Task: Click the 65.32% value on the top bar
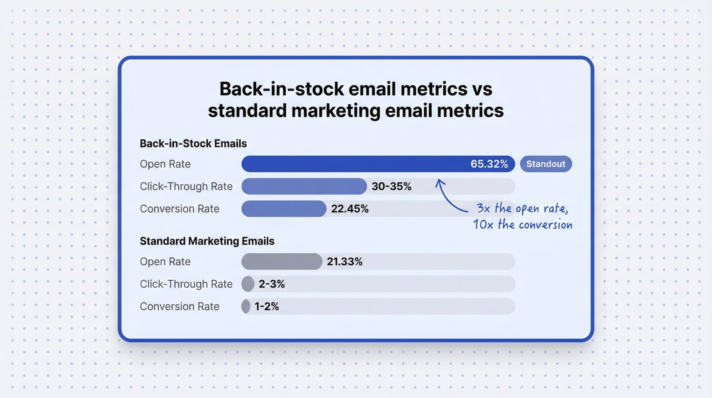[489, 164]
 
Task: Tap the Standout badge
[546, 164]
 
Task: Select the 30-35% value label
[391, 186]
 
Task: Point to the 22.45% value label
[350, 209]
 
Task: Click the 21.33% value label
[345, 262]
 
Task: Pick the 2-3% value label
[271, 284]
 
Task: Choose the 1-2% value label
[266, 306]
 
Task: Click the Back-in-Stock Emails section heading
[193, 143]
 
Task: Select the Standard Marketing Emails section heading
[207, 241]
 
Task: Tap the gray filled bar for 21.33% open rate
[281, 262]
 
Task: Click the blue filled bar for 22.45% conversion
[284, 209]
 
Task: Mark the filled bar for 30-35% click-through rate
[304, 186]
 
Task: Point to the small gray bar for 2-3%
[248, 284]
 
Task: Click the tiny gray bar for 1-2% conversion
[246, 306]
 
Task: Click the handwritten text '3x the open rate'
[522, 208]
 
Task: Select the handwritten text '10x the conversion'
[522, 224]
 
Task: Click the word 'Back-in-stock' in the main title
[281, 89]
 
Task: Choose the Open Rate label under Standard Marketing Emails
[165, 262]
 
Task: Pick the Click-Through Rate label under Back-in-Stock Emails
[186, 186]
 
